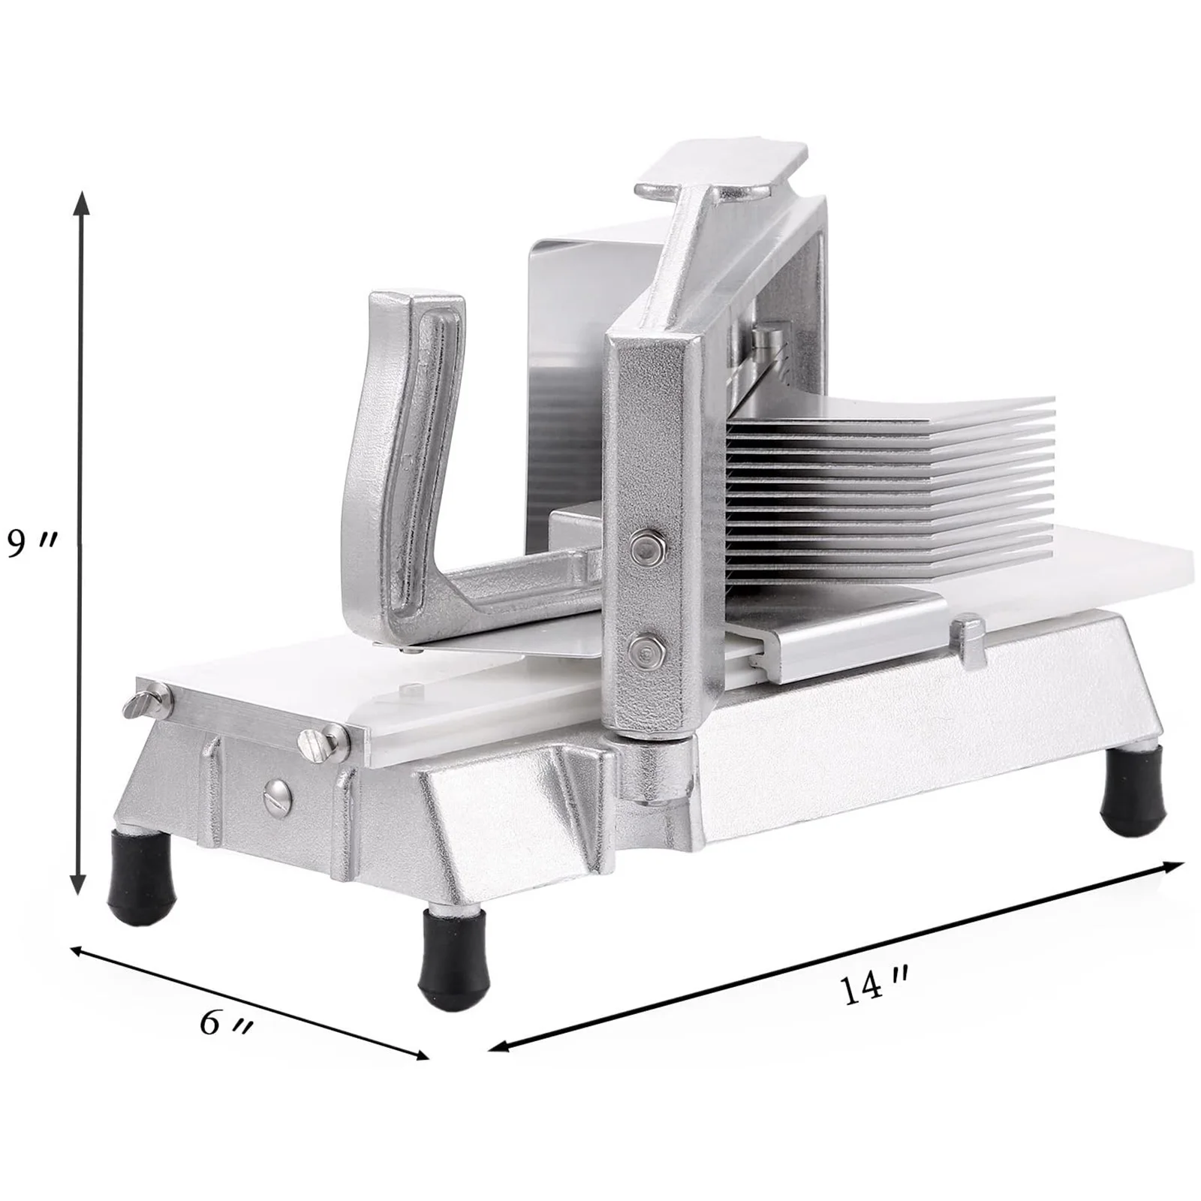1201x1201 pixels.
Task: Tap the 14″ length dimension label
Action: [874, 989]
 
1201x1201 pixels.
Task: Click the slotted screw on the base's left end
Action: [278, 795]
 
